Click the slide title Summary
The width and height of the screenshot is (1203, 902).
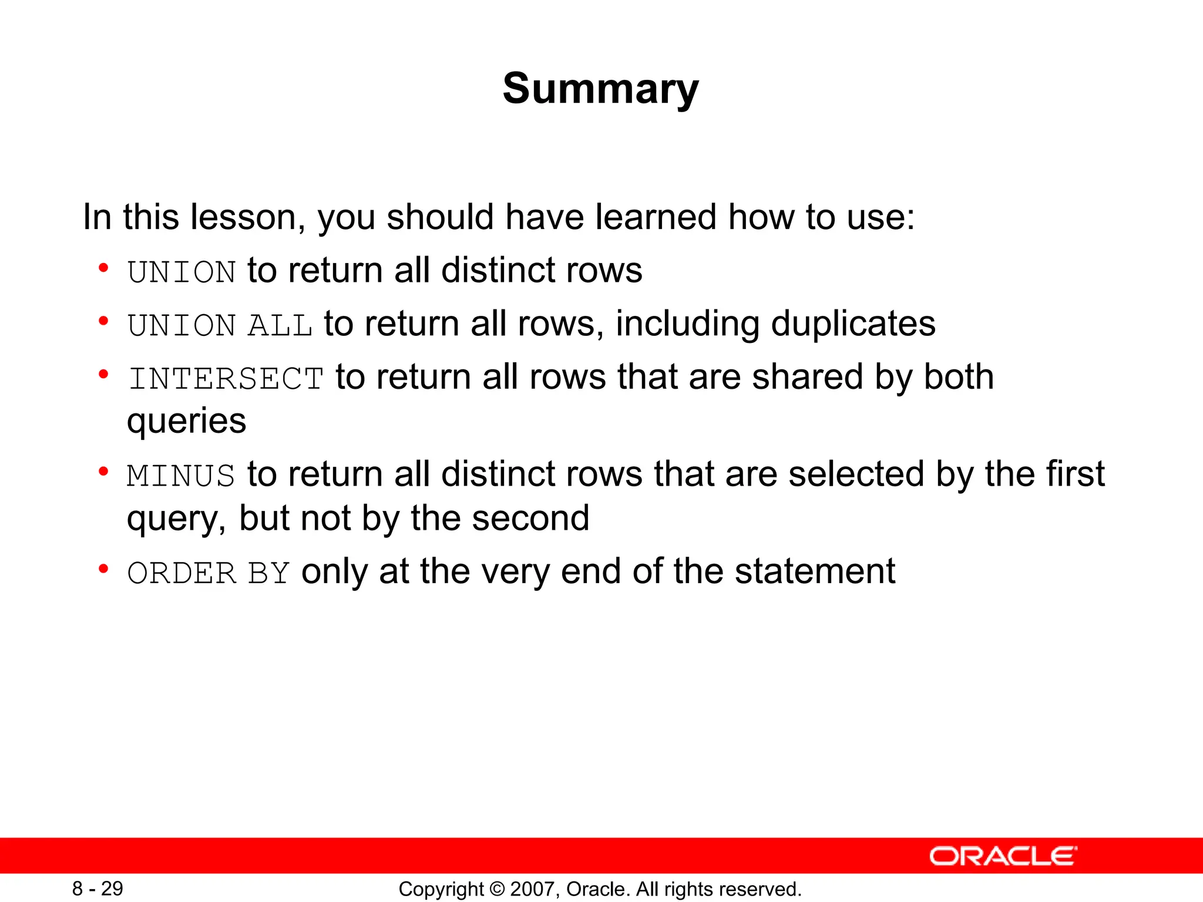coord(600,88)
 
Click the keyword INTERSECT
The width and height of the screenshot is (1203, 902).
coord(226,378)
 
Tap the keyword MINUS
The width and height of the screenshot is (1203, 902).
coord(181,475)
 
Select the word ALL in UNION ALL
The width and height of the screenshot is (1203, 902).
coord(280,325)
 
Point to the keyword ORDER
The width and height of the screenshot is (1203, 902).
coord(182,573)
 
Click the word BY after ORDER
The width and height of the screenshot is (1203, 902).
coord(269,573)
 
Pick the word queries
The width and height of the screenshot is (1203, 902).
coord(186,422)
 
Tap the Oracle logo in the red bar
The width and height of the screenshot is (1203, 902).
coord(1003,856)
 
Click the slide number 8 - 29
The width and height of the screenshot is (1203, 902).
coord(98,888)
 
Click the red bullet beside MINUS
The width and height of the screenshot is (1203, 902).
coord(104,471)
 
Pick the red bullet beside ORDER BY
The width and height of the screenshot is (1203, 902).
coord(104,568)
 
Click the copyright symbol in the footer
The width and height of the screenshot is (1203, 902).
coord(497,889)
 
